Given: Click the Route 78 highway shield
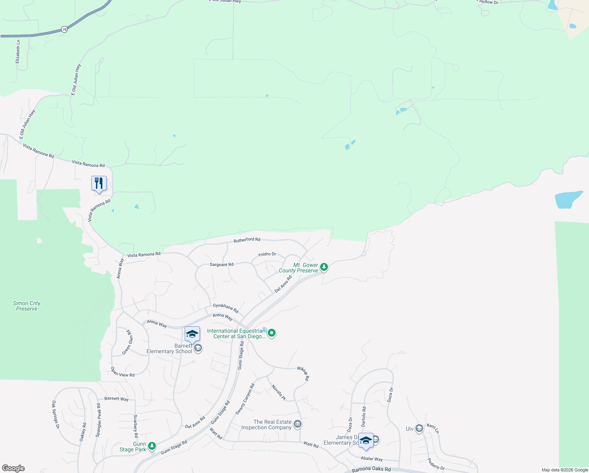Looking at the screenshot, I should pos(64,30).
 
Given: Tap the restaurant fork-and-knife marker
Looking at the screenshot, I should pos(99,183).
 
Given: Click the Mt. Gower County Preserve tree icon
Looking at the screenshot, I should pos(324,267).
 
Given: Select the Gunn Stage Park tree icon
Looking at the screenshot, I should pos(152,446).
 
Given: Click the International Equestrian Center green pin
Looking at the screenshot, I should pos(272,333).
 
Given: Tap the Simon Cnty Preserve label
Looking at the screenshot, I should pos(27,306).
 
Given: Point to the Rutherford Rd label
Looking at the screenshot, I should pos(247,240).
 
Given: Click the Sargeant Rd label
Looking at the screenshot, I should pos(222,264).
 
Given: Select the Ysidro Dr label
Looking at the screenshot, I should pos(267,254).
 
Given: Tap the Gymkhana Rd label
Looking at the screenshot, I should pos(226,308).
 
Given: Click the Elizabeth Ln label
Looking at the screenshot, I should pos(18,51).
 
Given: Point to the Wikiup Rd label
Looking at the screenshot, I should pos(303,373).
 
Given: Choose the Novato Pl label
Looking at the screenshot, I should pos(278,393).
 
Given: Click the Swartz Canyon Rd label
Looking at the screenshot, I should pos(245,399).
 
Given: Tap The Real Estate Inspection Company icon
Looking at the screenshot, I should pos(298,424).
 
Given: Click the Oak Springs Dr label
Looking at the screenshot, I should pos(56,415).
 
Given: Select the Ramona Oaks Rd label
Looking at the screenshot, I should pos(371,469).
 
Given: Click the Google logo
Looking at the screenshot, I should pos(13,468).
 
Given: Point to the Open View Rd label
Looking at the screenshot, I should pos(122,372).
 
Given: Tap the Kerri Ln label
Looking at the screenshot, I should pos(433,428).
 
